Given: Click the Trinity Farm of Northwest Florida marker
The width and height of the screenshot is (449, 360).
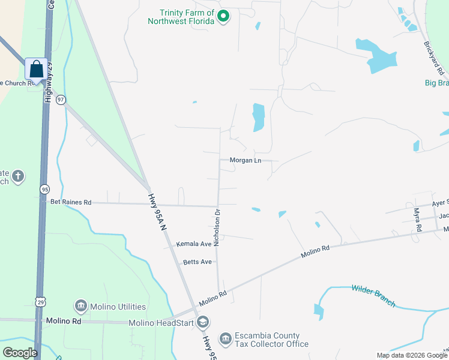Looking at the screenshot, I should click(223, 16).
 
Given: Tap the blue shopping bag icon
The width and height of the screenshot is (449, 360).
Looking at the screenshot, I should click(36, 69).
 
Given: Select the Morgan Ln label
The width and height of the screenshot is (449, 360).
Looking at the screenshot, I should click(245, 161).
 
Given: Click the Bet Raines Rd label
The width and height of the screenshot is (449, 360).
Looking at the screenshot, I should click(71, 203).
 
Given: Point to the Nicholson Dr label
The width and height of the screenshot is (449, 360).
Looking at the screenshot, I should click(218, 228).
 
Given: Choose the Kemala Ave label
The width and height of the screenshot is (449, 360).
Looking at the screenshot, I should click(194, 244).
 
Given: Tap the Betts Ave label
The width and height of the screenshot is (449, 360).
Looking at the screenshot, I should click(198, 262).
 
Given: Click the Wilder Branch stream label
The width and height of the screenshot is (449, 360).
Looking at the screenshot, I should click(373, 296).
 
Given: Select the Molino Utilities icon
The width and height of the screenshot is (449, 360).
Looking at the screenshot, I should click(81, 307).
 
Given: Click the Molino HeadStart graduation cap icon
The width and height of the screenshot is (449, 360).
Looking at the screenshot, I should click(203, 323).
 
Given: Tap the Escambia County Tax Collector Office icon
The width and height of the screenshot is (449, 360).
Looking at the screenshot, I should click(225, 340).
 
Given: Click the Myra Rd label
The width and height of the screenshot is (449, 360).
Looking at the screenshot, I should click(417, 220).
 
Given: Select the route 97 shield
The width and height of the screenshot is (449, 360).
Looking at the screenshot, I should click(61, 100).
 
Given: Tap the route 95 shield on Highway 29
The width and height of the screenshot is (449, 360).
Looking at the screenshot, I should click(45, 189).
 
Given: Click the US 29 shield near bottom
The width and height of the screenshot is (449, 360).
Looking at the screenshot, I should click(39, 299).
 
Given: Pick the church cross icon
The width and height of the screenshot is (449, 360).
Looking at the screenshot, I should click(19, 176).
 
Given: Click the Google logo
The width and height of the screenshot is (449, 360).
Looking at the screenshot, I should click(20, 353).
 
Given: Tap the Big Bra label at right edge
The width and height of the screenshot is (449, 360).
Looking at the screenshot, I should click(436, 83).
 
